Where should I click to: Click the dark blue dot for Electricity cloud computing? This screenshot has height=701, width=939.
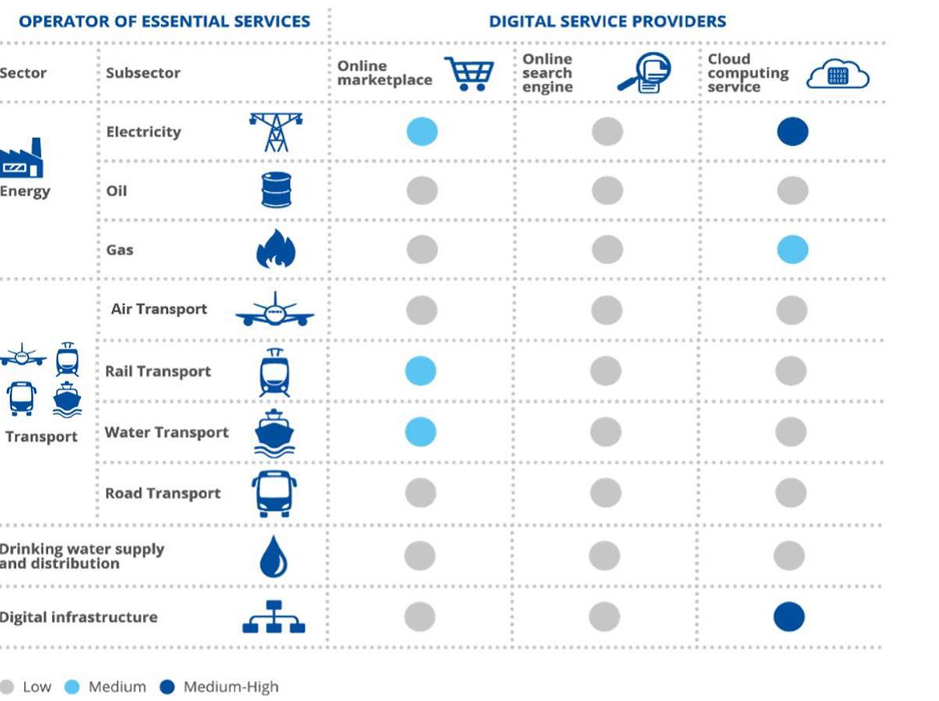pyautogui.click(x=792, y=131)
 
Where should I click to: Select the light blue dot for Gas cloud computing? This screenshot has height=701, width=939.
pyautogui.click(x=792, y=250)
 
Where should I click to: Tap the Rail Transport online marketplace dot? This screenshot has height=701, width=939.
pyautogui.click(x=421, y=371)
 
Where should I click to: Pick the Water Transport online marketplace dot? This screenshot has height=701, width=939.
pyautogui.click(x=421, y=431)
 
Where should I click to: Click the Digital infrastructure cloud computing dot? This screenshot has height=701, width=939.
pyautogui.click(x=789, y=617)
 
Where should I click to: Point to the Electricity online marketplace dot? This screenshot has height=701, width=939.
pyautogui.click(x=422, y=131)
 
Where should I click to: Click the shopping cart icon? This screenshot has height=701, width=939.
pyautogui.click(x=469, y=74)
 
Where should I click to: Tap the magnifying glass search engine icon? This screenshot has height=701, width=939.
pyautogui.click(x=644, y=73)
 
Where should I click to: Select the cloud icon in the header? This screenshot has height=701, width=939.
pyautogui.click(x=837, y=75)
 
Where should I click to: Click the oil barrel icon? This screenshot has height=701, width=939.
pyautogui.click(x=276, y=190)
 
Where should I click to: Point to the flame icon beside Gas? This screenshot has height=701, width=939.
pyautogui.click(x=276, y=249)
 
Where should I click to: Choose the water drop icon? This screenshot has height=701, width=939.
pyautogui.click(x=274, y=556)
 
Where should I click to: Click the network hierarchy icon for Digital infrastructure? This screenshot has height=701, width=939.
pyautogui.click(x=274, y=617)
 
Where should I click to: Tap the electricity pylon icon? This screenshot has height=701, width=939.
pyautogui.click(x=276, y=131)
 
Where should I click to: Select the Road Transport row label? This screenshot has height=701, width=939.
pyautogui.click(x=162, y=493)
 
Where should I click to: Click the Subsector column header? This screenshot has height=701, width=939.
pyautogui.click(x=143, y=73)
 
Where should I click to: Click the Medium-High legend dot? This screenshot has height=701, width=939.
pyautogui.click(x=167, y=687)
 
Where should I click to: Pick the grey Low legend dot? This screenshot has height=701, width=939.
pyautogui.click(x=7, y=687)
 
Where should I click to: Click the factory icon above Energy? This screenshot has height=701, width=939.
pyautogui.click(x=22, y=159)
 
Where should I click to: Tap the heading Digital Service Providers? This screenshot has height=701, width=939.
pyautogui.click(x=607, y=22)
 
